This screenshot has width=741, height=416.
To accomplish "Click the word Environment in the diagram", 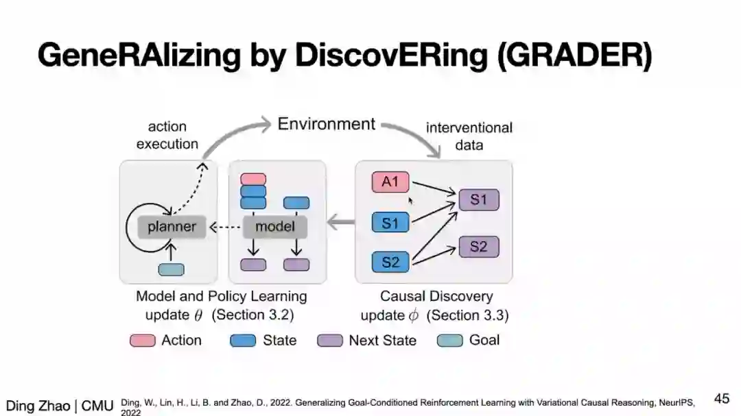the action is coord(326,124).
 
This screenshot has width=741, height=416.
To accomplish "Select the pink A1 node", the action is coord(390,182).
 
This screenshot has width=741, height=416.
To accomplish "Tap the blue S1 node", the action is coord(390,222).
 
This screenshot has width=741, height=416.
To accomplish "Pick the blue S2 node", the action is coord(390,261).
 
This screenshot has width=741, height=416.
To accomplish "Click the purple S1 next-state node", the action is coord(478,199).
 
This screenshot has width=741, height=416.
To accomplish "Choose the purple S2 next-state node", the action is coord(478,247).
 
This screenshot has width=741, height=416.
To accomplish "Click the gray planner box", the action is coord(172,227).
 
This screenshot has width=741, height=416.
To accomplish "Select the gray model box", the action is coord(274,227).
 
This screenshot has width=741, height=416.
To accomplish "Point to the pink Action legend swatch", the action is coord(143,341).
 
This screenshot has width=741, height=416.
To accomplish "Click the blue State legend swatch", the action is coord(243,341).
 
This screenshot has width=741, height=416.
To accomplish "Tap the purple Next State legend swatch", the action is coord(329,341).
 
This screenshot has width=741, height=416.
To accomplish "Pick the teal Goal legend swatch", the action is coord(450,341).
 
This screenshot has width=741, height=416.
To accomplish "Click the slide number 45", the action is coord(721,398).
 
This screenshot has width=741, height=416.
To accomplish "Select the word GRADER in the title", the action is coord(573,55).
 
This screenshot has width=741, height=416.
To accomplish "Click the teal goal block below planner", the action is coord(171,269).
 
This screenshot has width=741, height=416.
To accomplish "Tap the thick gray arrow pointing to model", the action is coord(340,222).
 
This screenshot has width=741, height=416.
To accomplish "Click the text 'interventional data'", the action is coord(469,136).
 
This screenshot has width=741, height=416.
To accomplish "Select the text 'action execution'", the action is coord(167,135).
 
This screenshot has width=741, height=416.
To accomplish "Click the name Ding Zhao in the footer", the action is coord(38,406).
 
